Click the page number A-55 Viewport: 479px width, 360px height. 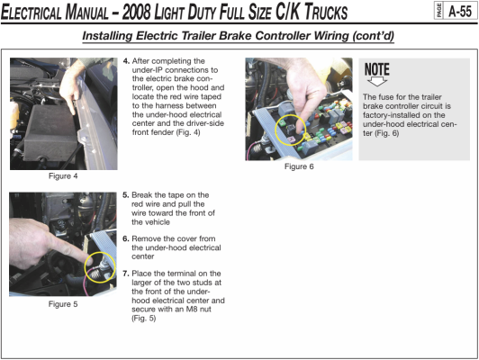pyautogui.click(x=460, y=12)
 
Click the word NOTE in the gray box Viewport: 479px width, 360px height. pyautogui.click(x=377, y=69)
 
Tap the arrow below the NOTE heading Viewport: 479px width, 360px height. pyautogui.click(x=377, y=82)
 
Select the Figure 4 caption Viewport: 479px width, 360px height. pyautogui.click(x=63, y=176)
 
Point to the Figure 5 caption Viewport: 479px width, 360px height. pyautogui.click(x=63, y=304)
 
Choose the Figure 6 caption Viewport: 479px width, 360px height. pyautogui.click(x=299, y=166)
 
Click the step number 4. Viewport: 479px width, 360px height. pyautogui.click(x=126, y=61)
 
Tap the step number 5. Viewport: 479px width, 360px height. pyautogui.click(x=126, y=195)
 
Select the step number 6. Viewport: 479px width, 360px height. pyautogui.click(x=126, y=238)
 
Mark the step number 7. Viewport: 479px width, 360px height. pyautogui.click(x=126, y=274)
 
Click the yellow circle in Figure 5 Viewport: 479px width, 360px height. pyautogui.click(x=85, y=267)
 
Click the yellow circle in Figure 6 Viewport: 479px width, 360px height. pyautogui.click(x=276, y=130)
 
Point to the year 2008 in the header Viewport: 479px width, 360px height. pyautogui.click(x=137, y=13)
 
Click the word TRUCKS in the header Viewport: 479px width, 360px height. pyautogui.click(x=326, y=13)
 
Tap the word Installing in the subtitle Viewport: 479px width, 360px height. pyautogui.click(x=107, y=36)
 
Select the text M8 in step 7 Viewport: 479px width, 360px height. pyautogui.click(x=191, y=310)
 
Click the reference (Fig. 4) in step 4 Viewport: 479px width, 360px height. pyautogui.click(x=188, y=132)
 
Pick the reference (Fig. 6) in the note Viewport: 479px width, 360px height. pyautogui.click(x=387, y=133)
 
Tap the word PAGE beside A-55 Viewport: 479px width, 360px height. pyautogui.click(x=439, y=12)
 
